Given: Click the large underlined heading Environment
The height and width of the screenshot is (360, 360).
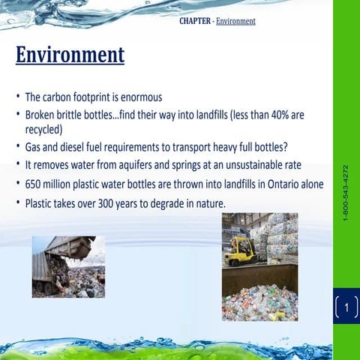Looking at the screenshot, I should click(70, 55).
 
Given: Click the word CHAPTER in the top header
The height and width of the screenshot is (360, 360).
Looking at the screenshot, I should click(195, 21).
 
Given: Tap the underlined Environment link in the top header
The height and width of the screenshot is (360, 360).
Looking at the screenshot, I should click(235, 21).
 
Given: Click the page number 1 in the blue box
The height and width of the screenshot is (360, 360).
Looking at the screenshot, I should click(346, 306).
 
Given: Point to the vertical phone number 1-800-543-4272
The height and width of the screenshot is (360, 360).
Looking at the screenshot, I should click(345, 192).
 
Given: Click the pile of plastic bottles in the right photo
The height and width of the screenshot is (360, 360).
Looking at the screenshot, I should click(259, 300).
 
